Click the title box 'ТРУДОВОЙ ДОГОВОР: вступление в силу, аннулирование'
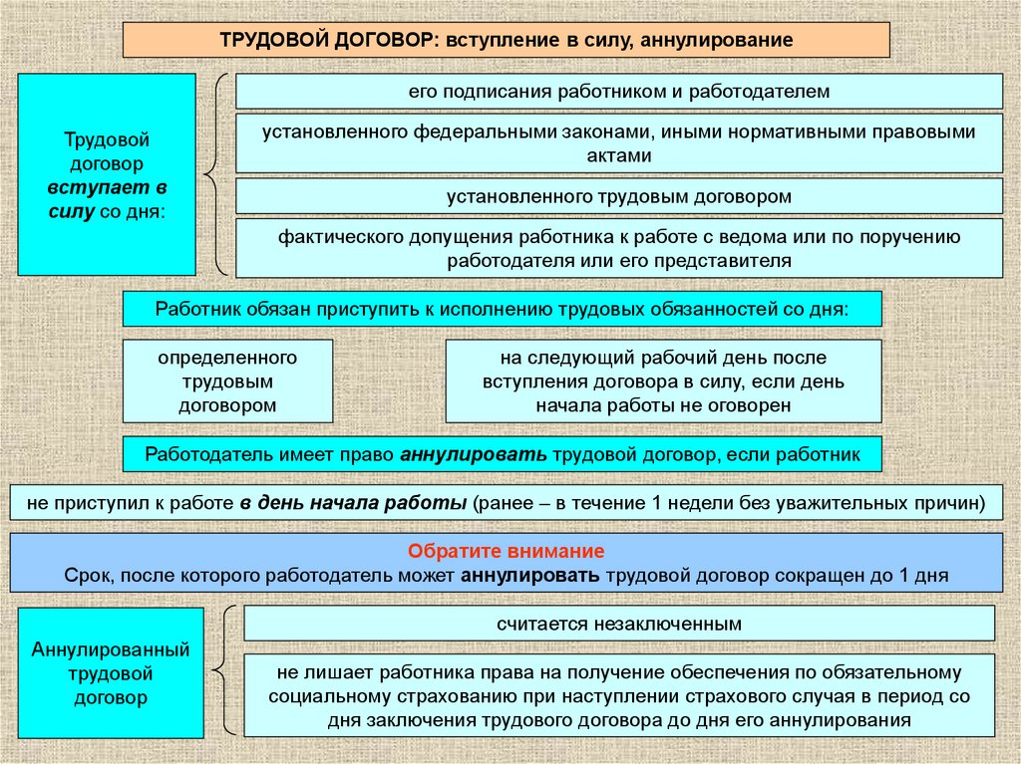tap(506, 40)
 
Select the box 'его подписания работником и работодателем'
tap(618, 92)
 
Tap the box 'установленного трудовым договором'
tap(618, 196)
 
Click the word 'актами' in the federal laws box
tap(618, 155)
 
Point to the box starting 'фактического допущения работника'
tap(618, 249)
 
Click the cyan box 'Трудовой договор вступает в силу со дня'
tap(107, 174)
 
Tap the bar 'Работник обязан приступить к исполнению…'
tap(502, 309)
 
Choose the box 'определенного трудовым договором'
tap(227, 381)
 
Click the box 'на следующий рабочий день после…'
tap(663, 381)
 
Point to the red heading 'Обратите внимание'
tap(507, 552)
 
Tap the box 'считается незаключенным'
tap(619, 624)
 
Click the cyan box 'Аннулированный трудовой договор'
tap(111, 673)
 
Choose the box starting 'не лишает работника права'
tap(619, 696)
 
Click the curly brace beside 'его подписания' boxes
tap(216, 174)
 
